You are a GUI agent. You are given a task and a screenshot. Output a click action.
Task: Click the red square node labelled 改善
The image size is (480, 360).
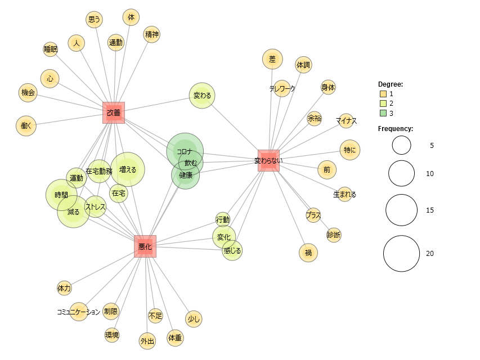(114, 112)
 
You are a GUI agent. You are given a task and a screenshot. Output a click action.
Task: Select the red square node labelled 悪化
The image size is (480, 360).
(145, 246)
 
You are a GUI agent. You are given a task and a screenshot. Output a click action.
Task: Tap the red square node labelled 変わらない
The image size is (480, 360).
(268, 160)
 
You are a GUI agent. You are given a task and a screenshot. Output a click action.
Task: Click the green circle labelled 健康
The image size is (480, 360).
(186, 175)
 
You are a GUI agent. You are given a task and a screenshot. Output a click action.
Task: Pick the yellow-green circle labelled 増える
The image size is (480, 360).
(128, 169)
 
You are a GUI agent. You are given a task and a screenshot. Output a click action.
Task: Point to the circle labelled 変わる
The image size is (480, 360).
(202, 96)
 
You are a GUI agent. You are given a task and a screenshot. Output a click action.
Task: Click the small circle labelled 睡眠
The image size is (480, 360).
(51, 49)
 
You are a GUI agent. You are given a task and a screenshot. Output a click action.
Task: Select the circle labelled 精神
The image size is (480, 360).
(151, 34)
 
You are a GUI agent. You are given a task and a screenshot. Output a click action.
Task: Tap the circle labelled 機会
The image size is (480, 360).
(28, 93)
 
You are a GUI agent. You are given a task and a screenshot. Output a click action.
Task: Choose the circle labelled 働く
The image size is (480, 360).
(26, 126)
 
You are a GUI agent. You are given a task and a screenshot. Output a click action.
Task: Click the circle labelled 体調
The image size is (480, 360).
(303, 65)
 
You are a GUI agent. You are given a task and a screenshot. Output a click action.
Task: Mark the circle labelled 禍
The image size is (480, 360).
(308, 253)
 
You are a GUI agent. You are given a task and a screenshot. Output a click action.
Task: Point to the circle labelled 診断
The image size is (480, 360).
(334, 235)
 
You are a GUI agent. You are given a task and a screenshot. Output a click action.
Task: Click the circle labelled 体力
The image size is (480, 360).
(64, 289)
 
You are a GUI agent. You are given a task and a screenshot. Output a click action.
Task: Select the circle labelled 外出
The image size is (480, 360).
(147, 341)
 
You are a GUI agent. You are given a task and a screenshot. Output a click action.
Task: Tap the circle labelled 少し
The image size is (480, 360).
(193, 319)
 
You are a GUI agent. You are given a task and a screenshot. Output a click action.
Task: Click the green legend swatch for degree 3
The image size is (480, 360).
(383, 113)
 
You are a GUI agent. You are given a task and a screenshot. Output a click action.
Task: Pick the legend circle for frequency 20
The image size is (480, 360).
(401, 254)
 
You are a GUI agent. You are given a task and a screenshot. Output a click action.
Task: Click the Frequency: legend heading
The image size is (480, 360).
(395, 129)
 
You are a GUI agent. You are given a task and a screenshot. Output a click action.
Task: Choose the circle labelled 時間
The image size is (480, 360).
(61, 195)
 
